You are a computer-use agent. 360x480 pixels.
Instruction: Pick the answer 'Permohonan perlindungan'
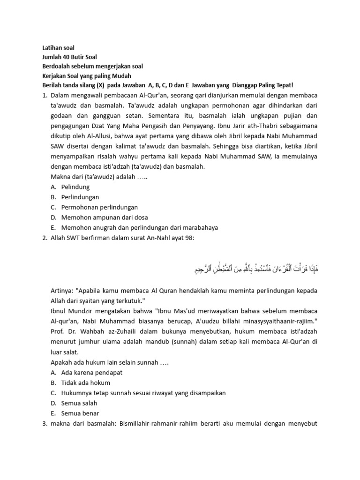pyautogui.click(x=99, y=207)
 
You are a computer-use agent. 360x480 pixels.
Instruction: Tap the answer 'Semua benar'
pyautogui.click(x=80, y=413)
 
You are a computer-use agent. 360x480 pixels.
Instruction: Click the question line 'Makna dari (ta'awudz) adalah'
pyautogui.click(x=100, y=177)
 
